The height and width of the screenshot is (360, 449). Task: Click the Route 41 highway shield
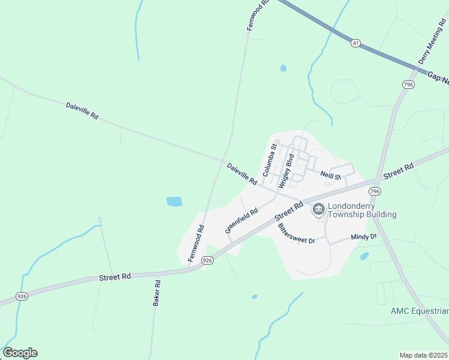(x=356, y=43)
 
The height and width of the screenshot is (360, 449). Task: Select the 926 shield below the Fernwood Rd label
(x=207, y=260)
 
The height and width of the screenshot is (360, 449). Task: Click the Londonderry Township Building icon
(x=318, y=209)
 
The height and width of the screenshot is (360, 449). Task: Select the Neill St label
(x=330, y=176)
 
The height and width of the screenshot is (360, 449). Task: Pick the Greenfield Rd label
(x=241, y=220)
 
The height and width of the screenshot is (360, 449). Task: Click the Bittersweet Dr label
(x=297, y=233)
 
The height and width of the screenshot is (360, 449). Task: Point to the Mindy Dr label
(x=364, y=237)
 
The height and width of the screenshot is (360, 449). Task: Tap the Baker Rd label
(x=156, y=293)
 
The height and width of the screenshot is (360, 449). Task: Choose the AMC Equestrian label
(x=419, y=311)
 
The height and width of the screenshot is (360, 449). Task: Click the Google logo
(x=20, y=353)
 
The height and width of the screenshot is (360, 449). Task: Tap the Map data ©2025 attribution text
(x=423, y=355)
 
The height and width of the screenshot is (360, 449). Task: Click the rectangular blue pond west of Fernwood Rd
(x=174, y=202)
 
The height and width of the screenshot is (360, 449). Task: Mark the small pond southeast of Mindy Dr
(x=364, y=256)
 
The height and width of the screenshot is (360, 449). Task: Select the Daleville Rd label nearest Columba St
(x=242, y=173)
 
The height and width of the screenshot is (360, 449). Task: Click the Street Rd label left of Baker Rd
(x=115, y=277)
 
